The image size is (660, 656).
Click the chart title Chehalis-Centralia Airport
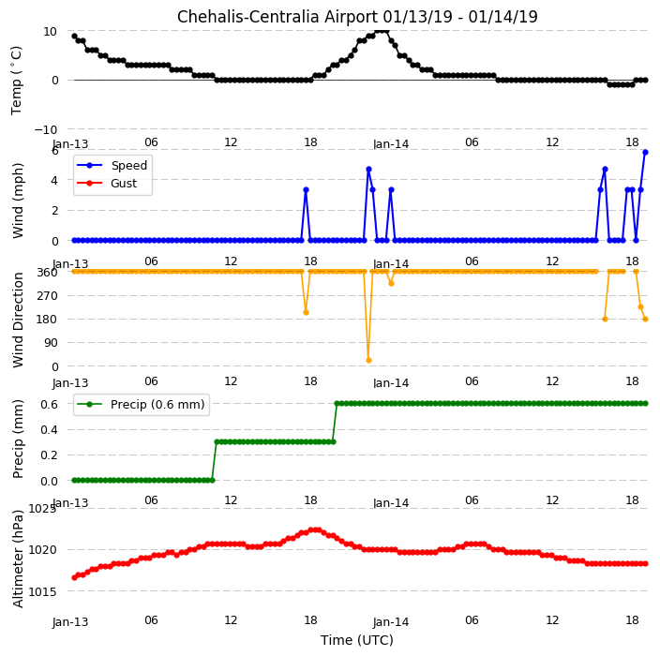click(x=277, y=17)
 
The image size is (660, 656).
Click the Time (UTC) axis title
click(x=357, y=640)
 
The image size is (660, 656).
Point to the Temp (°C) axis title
click(x=16, y=81)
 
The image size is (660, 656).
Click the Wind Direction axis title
click(x=18, y=321)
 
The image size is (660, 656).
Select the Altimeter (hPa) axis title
click(x=18, y=559)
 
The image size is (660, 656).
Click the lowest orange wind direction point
click(x=368, y=360)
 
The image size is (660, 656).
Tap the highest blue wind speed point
click(x=645, y=153)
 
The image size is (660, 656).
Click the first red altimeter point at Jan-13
click(x=74, y=577)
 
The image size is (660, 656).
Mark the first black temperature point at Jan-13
click(x=74, y=37)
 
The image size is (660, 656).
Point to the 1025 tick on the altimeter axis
click(x=42, y=509)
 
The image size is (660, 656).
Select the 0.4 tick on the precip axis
click(x=49, y=429)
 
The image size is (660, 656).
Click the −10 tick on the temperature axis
click(x=45, y=129)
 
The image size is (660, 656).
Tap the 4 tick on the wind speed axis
click(x=54, y=180)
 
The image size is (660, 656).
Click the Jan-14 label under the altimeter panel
click(x=391, y=622)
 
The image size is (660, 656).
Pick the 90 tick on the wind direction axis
click(x=51, y=342)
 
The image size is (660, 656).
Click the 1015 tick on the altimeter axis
click(x=42, y=591)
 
